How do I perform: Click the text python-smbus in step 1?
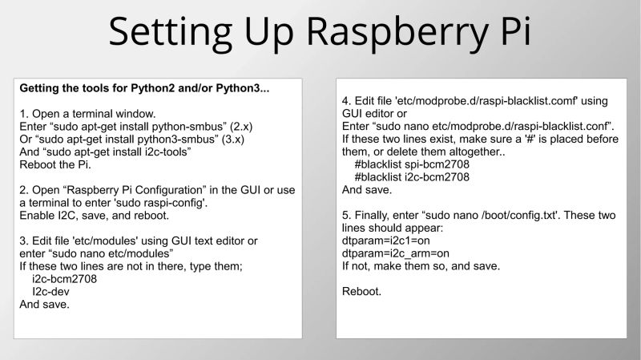161,126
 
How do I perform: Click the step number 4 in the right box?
345,101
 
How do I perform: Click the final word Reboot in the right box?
361,291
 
